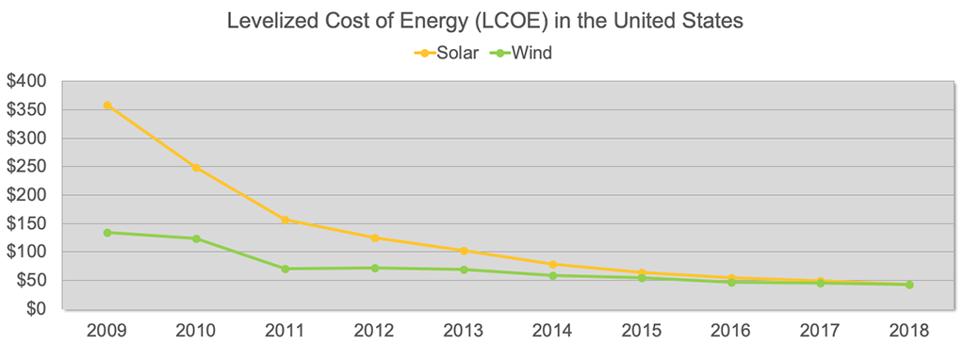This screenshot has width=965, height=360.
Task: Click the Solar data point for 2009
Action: (107, 106)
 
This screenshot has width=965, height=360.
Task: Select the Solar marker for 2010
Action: (196, 168)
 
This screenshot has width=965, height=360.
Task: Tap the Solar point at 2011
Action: (286, 220)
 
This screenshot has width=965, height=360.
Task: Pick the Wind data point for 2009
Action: (107, 232)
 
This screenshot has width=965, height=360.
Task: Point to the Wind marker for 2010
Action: (196, 238)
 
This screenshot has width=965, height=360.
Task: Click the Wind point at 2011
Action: (286, 269)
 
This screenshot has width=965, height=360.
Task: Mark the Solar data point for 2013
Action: (464, 251)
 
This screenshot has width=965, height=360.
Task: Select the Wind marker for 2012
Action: (374, 268)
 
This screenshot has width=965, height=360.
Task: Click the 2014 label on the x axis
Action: (552, 331)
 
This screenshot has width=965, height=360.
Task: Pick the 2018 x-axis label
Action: (908, 331)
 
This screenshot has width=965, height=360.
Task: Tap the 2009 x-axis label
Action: (107, 331)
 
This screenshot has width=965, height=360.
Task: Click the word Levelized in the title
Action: (270, 21)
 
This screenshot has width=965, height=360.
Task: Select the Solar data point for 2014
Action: (552, 264)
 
